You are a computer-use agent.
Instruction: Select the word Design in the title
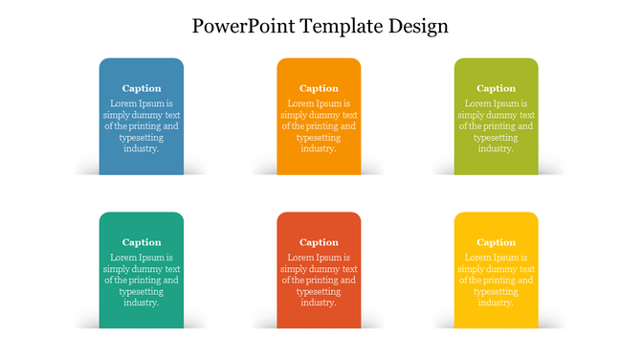tap(418, 26)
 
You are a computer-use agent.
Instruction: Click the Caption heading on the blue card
tap(142, 88)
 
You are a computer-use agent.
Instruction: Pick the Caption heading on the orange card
tap(319, 88)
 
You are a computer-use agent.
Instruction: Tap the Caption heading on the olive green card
tap(496, 88)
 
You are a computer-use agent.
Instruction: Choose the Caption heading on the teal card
tap(142, 242)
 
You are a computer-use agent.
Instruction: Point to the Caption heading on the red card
tap(319, 242)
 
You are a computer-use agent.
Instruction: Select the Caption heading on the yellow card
tap(496, 242)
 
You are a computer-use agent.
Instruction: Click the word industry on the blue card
tap(141, 148)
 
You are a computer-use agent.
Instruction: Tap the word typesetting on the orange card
tap(319, 137)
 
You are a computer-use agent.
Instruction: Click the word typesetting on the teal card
tap(142, 291)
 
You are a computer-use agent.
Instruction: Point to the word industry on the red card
tap(318, 303)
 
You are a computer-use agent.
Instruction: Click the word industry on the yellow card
tap(495, 303)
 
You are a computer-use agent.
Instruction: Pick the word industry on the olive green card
tap(495, 148)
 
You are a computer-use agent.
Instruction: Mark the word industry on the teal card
tap(141, 303)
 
